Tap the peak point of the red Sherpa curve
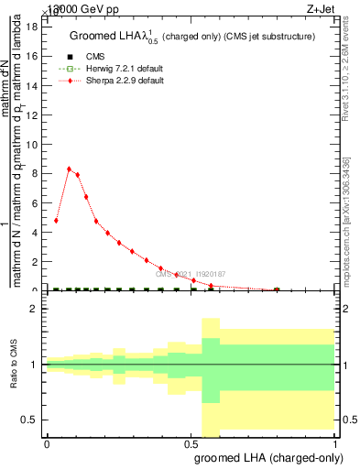tap(69, 169)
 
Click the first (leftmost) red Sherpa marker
tap(57, 220)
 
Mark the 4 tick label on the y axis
tap(37, 232)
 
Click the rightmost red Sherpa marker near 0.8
tap(277, 289)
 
